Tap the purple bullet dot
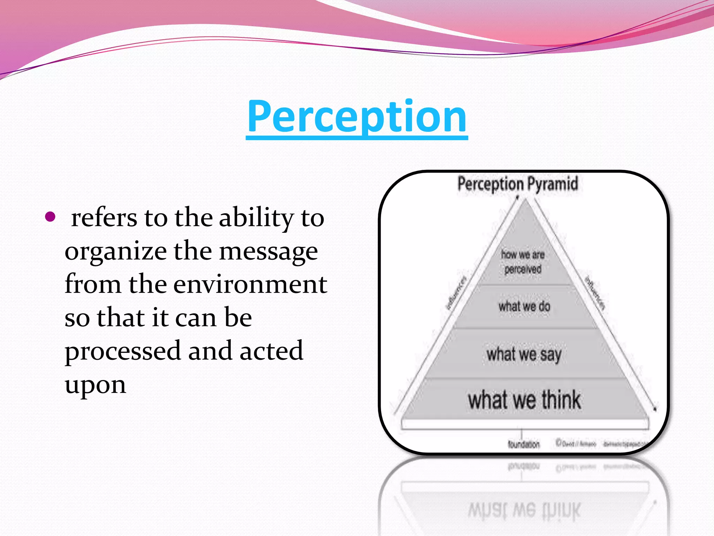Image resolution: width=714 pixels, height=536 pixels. point(51,217)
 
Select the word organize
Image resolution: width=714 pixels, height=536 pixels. point(116,251)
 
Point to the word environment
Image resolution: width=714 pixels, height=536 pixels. point(250,284)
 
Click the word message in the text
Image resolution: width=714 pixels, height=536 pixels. point(268,251)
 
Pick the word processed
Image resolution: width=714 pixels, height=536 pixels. point(123,351)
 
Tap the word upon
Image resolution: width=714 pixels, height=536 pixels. point(95,385)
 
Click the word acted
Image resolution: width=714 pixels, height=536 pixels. point(271,351)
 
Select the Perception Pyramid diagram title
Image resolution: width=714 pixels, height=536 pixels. point(518,184)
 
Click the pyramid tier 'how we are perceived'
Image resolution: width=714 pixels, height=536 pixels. point(523,262)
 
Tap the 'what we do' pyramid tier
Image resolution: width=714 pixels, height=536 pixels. point(524,306)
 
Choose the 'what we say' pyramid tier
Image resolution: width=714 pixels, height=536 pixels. point(524,355)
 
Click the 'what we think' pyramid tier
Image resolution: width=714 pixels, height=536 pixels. point(524,400)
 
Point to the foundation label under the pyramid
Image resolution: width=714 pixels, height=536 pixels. point(524,444)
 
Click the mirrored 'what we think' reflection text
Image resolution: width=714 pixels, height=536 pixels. point(524,510)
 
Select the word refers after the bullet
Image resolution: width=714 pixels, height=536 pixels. point(104,218)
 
